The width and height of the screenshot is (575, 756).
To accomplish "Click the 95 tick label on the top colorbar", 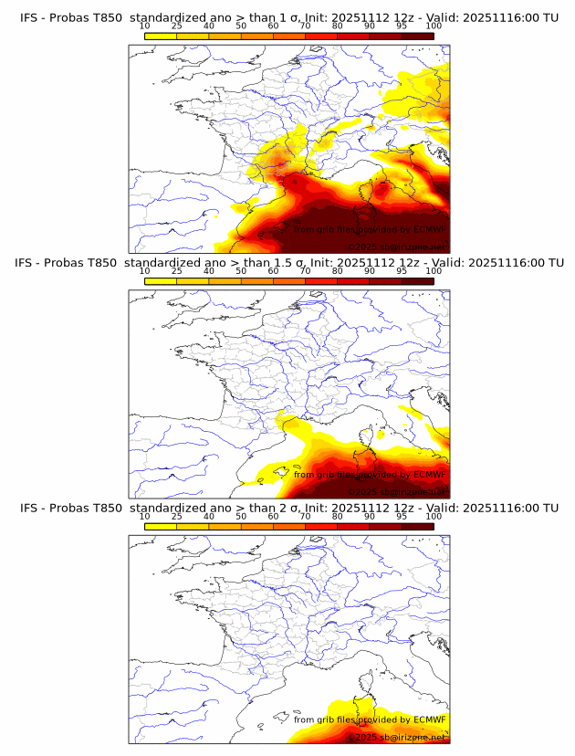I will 402,26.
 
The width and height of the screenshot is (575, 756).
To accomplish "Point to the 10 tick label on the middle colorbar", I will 145,270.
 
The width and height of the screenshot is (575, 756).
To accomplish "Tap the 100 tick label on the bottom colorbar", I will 434,516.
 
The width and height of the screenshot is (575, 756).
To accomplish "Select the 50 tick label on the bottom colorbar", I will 241,516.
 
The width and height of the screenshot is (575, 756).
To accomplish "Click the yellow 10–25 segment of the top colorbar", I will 161,36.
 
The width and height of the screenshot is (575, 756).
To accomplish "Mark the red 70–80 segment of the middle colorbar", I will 321,281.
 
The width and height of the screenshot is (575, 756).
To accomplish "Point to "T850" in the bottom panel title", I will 105,508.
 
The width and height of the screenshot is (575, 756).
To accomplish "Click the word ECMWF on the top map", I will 429,229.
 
